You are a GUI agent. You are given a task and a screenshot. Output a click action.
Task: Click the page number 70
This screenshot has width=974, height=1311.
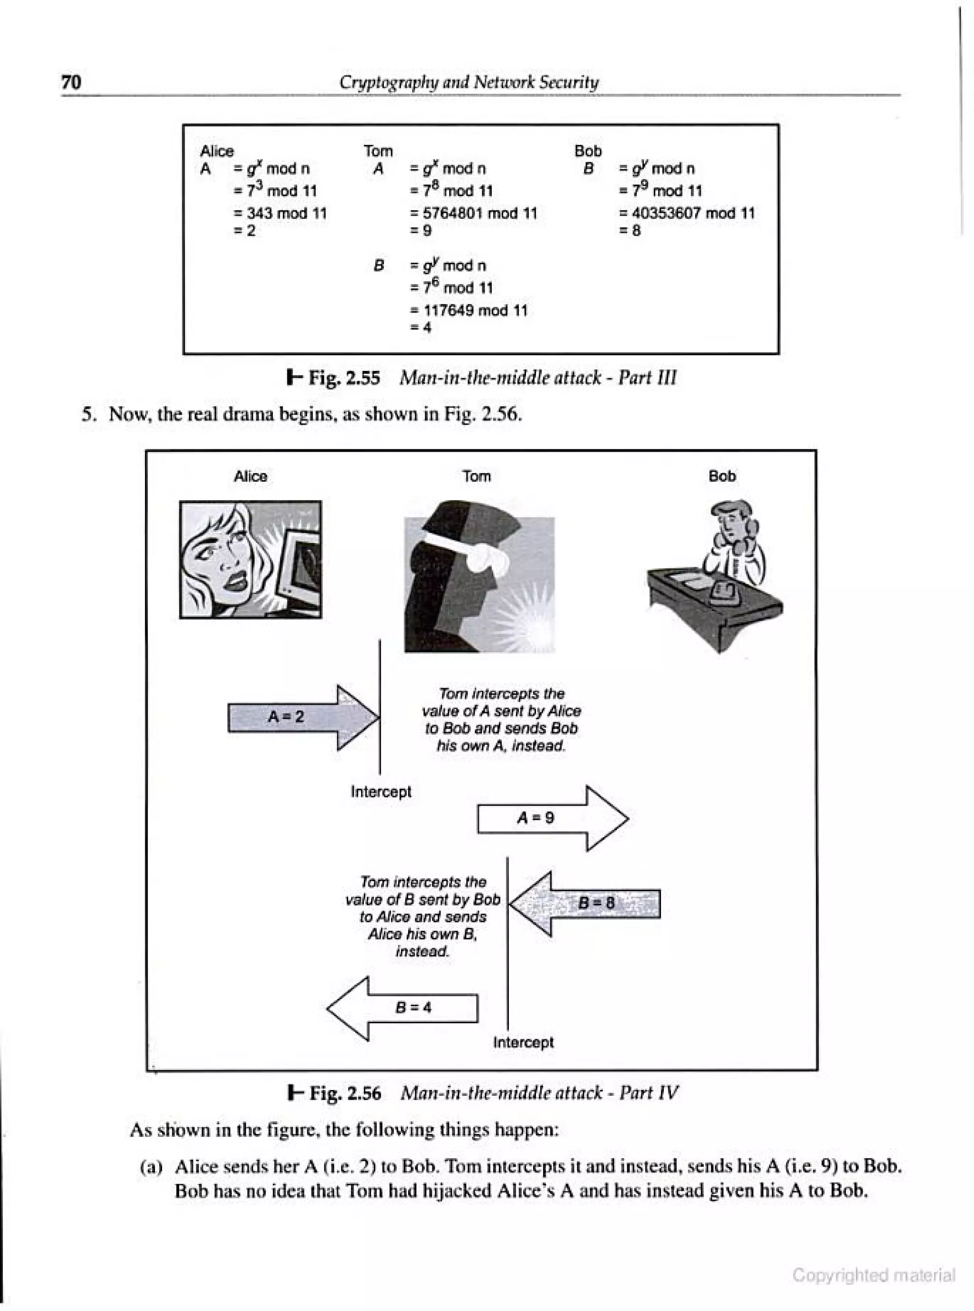pos(71,83)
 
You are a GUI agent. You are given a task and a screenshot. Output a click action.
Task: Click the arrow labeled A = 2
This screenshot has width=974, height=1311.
pos(301,718)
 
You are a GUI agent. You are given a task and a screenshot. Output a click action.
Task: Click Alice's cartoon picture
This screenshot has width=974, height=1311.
pos(251,559)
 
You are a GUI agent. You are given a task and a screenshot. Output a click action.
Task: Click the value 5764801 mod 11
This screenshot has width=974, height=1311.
pos(475,214)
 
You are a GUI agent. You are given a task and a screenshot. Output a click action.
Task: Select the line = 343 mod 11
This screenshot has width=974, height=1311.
pos(281,214)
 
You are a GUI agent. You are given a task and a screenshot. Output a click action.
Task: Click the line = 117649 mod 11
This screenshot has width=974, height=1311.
pos(469,311)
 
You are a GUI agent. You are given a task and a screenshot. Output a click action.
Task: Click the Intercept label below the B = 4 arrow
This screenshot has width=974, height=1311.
pos(524,1042)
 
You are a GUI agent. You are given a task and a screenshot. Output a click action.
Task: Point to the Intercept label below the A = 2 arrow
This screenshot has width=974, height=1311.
pos(381,792)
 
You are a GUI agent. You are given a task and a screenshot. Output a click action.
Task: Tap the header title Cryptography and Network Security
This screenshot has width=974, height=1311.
pos(469,83)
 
